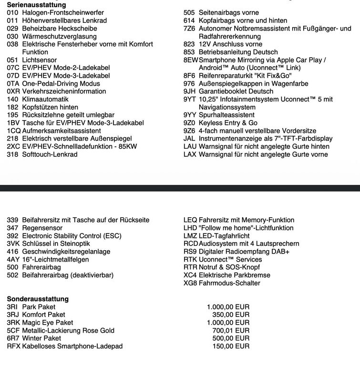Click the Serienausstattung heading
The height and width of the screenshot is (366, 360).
point(36,4)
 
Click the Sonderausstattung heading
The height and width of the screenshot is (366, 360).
point(38,299)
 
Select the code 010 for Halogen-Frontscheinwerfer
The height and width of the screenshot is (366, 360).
point(12,13)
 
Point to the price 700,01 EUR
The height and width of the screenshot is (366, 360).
point(228,330)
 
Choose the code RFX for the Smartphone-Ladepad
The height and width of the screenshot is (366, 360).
point(13,346)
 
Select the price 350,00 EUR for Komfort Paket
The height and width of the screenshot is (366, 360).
point(231,315)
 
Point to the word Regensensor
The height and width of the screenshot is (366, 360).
point(42,228)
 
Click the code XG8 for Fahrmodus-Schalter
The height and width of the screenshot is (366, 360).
point(190,283)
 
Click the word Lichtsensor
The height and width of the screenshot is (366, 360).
point(39,60)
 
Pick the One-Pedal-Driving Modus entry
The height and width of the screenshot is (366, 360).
point(61,83)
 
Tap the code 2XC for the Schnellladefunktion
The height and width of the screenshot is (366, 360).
point(13,146)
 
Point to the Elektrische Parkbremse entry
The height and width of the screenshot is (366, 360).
point(234,275)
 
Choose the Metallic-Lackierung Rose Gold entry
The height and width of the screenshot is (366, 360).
point(68,330)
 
